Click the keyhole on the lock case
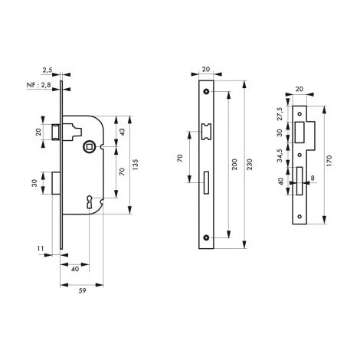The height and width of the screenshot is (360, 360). [x=90, y=201]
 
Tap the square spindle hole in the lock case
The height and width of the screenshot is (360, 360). [x=90, y=146]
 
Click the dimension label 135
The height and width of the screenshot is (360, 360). [x=136, y=165]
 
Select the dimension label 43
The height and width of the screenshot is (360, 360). [x=123, y=132]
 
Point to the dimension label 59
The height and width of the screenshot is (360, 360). [x=82, y=290]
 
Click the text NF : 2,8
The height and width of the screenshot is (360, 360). [x=39, y=85]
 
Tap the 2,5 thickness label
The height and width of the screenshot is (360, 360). [x=47, y=70]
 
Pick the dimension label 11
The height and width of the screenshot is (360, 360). [x=41, y=248]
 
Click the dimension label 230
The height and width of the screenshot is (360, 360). [x=250, y=165]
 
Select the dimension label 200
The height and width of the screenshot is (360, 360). [x=234, y=165]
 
